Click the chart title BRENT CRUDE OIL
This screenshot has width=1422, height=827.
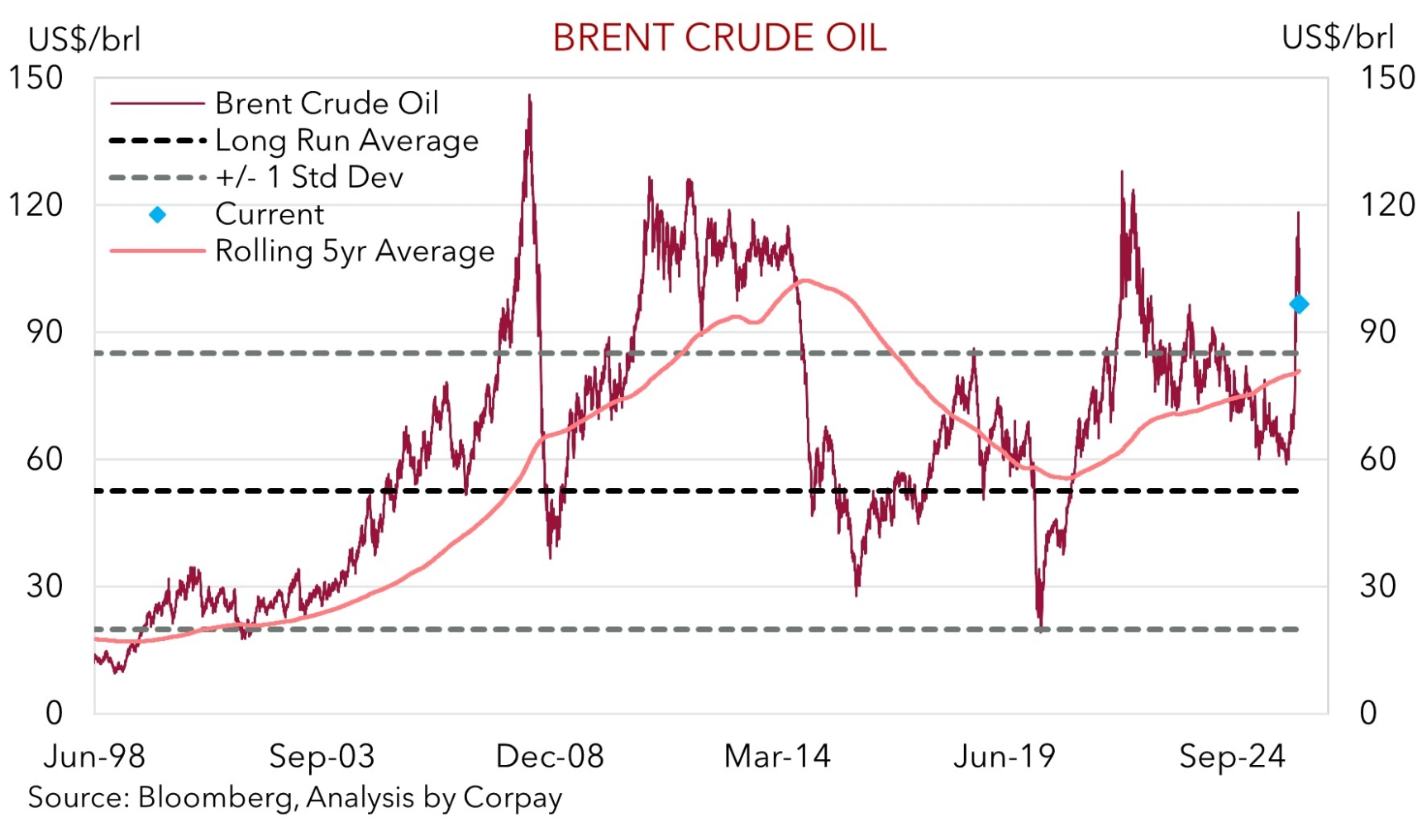[719, 38]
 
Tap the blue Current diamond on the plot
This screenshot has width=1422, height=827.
[1299, 304]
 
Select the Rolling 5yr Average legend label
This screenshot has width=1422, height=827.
[355, 251]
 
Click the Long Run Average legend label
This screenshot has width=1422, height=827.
[346, 141]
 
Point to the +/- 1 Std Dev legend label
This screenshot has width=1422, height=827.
[309, 177]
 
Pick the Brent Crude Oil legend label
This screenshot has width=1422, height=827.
[327, 103]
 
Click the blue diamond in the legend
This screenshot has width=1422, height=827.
[157, 215]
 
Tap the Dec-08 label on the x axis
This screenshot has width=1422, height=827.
[550, 756]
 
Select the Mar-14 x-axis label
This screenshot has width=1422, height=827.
[777, 756]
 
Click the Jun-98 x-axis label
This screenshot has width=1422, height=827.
[94, 756]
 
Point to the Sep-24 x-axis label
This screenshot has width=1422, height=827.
[1233, 756]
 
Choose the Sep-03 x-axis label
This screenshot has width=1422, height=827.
[322, 756]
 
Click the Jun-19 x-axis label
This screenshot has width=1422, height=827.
[1004, 756]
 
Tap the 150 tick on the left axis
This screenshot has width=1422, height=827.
[36, 78]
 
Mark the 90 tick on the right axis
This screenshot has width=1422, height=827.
[1377, 332]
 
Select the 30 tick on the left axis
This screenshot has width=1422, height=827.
[45, 586]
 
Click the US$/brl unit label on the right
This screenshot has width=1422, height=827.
[1338, 38]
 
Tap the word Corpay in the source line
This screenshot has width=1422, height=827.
[513, 797]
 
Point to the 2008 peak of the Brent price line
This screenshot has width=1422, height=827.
[530, 96]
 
